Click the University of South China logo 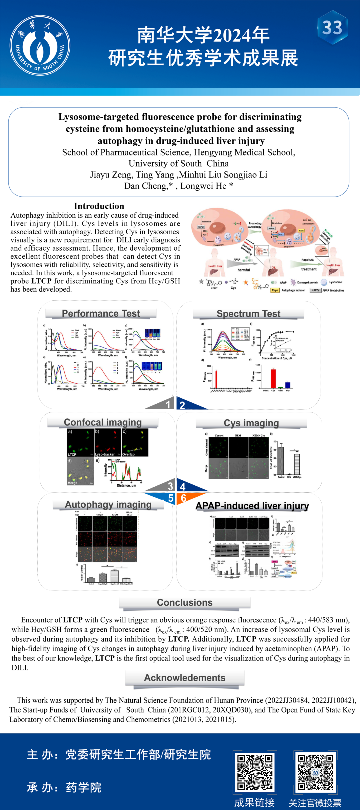coord(40,45)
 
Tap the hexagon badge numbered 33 coord(332,28)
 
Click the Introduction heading coord(99,206)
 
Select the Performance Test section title coord(101,313)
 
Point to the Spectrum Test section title coord(248,314)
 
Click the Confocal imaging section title coord(103,422)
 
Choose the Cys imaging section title coord(251,423)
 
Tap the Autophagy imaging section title coord(108,504)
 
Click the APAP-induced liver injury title coord(252,506)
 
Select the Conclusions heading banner coord(185,603)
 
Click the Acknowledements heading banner coord(185,678)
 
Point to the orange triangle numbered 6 coord(187,498)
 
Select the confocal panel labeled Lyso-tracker coord(108,442)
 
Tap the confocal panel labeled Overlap coord(135,442)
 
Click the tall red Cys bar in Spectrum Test coord(273,378)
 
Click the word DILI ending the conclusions coord(20,668)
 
